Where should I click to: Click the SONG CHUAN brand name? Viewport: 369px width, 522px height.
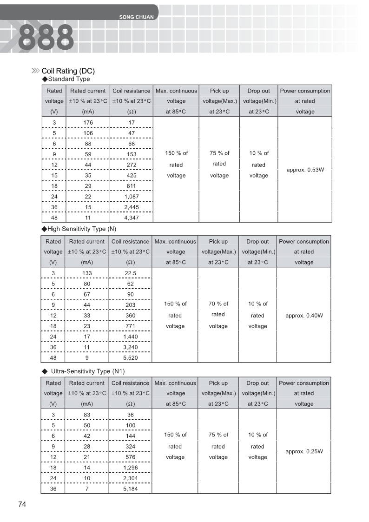[x=136, y=17]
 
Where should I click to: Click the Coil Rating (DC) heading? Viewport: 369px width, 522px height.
[x=68, y=71]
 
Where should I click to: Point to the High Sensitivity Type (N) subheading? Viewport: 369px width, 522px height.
[x=79, y=229]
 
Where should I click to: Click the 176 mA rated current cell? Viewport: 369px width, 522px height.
[x=88, y=123]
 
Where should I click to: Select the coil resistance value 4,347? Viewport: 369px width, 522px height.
[x=132, y=218]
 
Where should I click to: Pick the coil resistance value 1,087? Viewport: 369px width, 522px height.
[x=132, y=197]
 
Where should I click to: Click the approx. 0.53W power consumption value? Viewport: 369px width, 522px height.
[x=305, y=170]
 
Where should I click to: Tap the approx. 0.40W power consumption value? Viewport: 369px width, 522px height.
[x=304, y=316]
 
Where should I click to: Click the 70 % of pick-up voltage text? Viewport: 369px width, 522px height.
[x=218, y=304]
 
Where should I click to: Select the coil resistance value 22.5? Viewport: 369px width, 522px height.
[x=130, y=273]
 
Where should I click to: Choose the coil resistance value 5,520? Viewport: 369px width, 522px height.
[x=130, y=358]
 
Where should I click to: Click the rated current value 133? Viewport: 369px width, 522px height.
[x=87, y=273]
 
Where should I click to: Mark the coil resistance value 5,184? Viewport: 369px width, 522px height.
[x=130, y=489]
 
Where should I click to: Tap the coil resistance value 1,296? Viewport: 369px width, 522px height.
[x=130, y=468]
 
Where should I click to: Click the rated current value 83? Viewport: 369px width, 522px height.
[x=87, y=415]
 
